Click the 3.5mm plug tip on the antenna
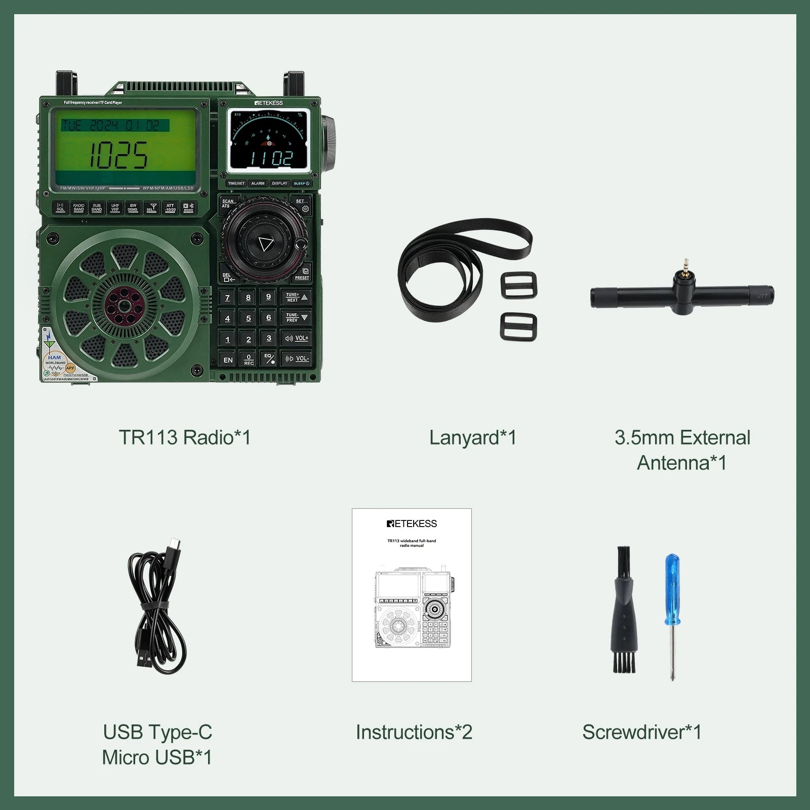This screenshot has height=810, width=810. tap(685, 264)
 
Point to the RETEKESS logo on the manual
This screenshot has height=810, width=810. tap(412, 523)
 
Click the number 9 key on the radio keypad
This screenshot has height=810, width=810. tap(268, 297)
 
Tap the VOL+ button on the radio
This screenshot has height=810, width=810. tap(297, 338)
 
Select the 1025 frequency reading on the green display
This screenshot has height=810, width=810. tap(119, 154)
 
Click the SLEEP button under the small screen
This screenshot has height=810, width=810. tap(301, 183)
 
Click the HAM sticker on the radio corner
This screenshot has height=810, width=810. tap(55, 357)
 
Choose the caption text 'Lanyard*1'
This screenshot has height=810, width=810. tap(472, 437)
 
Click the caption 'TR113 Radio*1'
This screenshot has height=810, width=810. tap(185, 437)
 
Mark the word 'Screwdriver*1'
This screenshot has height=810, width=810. tap(641, 732)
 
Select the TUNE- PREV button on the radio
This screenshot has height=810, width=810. tap(297, 318)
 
